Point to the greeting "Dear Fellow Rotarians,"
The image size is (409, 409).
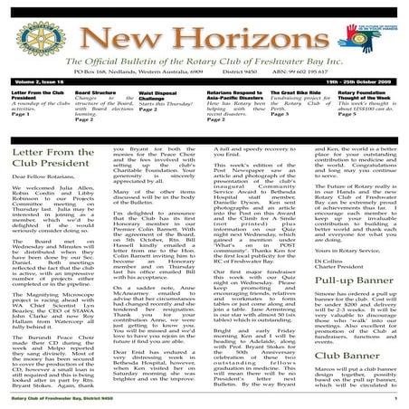pyautogui.click(x=42, y=188)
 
